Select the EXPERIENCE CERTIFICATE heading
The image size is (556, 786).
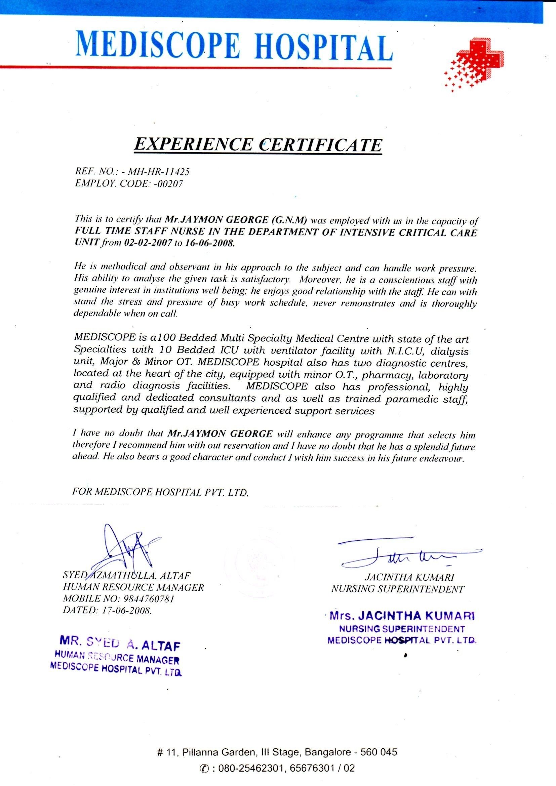[x=257, y=145]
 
